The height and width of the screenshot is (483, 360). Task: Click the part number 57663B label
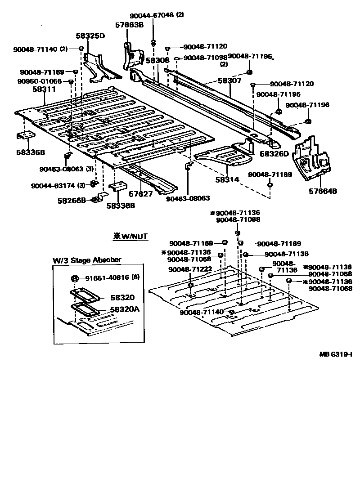[x=129, y=25]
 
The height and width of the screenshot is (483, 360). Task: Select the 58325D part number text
[x=90, y=36]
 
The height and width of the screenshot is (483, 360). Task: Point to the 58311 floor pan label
[x=44, y=89]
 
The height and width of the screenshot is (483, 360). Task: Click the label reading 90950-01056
[x=40, y=81]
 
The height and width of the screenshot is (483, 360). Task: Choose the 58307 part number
[x=230, y=81]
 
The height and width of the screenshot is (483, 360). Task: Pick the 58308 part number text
[x=157, y=60]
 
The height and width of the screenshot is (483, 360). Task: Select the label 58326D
[x=274, y=154]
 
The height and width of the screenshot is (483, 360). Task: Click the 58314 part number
[x=227, y=179]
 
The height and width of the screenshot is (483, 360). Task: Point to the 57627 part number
[x=141, y=194]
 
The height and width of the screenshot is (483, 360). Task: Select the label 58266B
[x=72, y=201]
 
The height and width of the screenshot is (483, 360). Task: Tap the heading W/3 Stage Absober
[x=86, y=260]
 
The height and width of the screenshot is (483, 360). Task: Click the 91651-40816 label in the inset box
[x=108, y=277]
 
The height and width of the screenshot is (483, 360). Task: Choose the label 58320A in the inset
[x=125, y=309]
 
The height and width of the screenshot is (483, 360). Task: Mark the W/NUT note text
[x=130, y=236]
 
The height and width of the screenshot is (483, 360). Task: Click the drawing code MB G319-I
[x=335, y=354]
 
